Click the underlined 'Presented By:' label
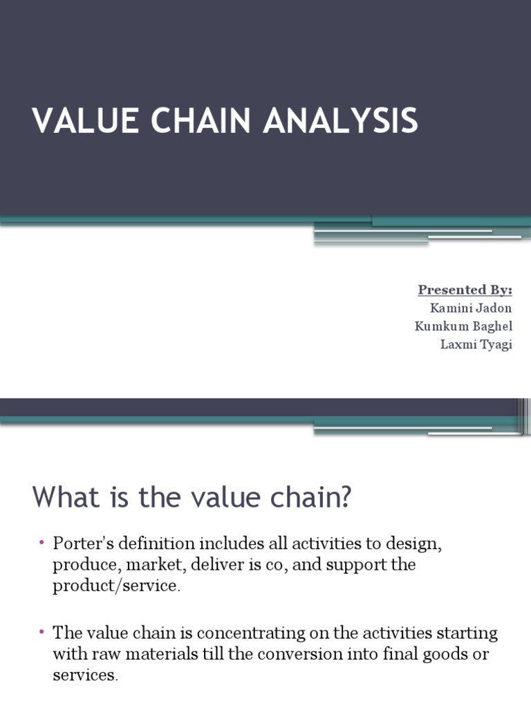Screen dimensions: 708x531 tap(465, 290)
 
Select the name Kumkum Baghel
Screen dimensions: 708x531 tap(463, 326)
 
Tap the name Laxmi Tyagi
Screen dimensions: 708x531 tap(476, 344)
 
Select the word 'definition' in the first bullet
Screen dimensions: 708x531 tap(158, 543)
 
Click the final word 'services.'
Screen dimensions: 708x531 tap(85, 676)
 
